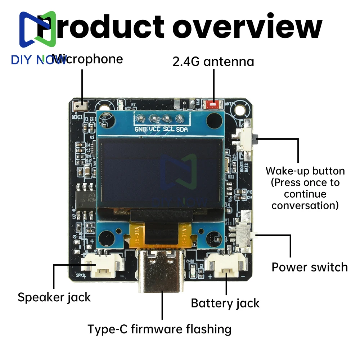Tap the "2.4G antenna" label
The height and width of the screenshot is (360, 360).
[x=213, y=62]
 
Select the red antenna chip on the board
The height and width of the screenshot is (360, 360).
[x=212, y=105]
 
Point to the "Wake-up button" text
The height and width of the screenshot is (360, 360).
[x=305, y=171]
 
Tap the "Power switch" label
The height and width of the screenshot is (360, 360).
[x=310, y=267]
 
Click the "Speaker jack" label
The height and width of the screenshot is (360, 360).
[x=54, y=297]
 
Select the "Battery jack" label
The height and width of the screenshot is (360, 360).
[x=225, y=303]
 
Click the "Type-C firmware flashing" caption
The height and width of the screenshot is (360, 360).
[x=159, y=329]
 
